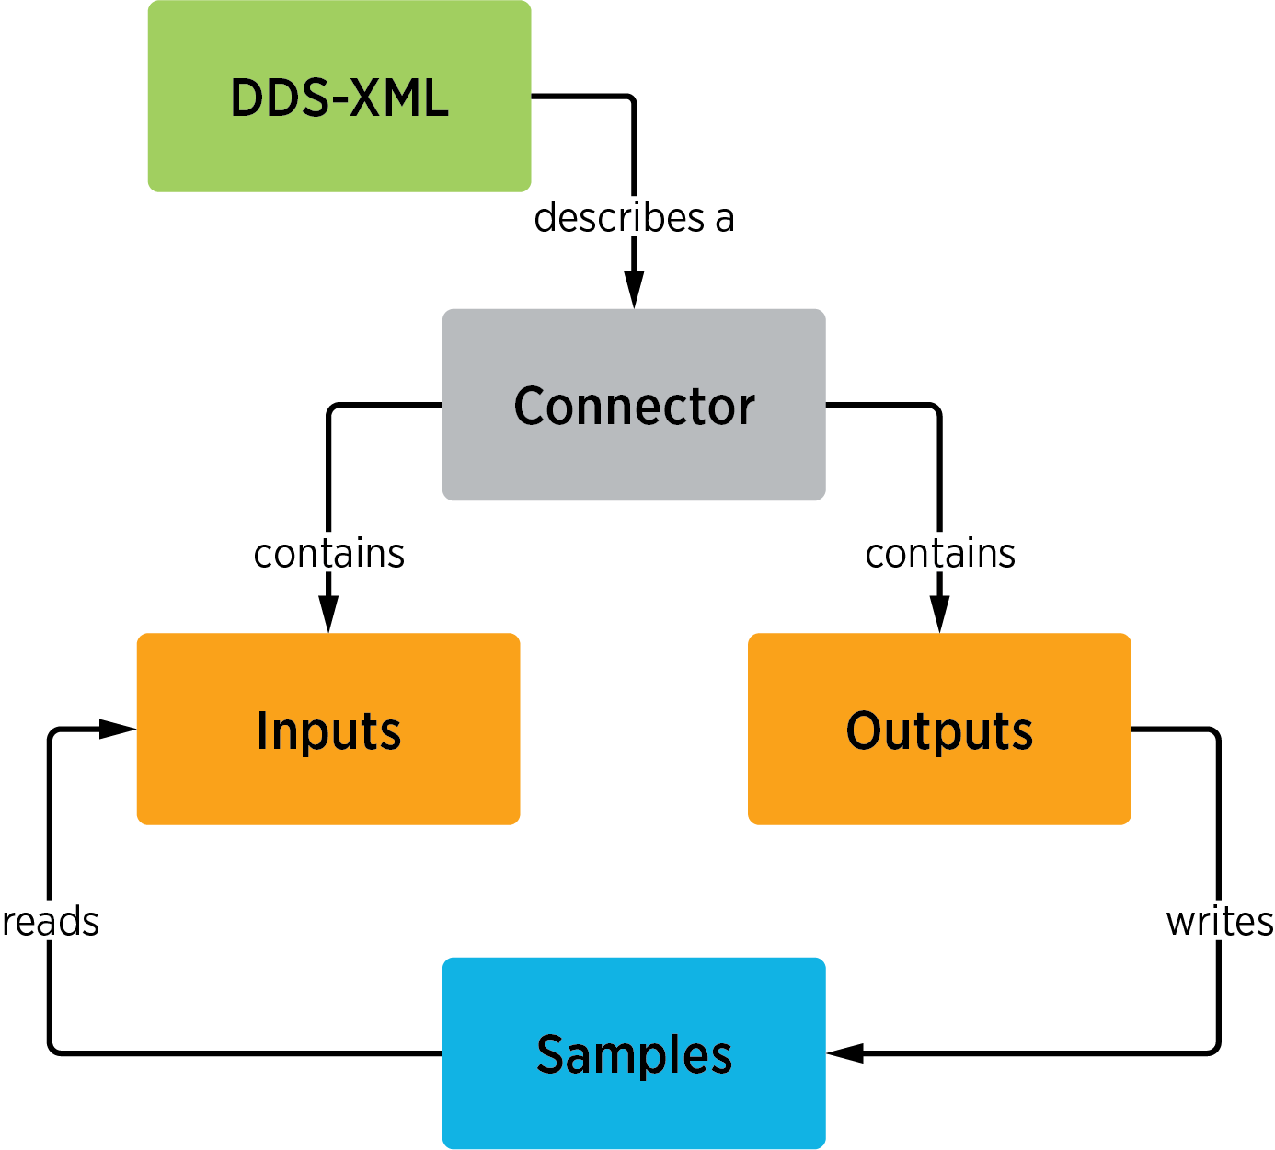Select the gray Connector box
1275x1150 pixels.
click(633, 460)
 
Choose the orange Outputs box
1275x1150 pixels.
click(938, 782)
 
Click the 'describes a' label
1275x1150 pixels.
click(634, 218)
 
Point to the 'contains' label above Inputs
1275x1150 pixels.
click(328, 554)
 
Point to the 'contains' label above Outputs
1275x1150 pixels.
click(939, 554)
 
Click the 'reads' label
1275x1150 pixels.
click(51, 922)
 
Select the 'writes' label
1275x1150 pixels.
click(1219, 922)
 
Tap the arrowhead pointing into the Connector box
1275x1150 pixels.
click(634, 290)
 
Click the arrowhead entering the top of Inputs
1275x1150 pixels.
click(328, 614)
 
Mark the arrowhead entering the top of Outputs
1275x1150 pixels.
click(939, 614)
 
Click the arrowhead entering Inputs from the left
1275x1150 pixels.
click(117, 729)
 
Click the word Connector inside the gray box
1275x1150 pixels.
click(634, 406)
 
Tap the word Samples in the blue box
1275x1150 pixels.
click(634, 1054)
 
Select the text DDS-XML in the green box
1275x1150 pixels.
click(339, 98)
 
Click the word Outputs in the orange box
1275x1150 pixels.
click(939, 730)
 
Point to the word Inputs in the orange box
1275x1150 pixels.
click(328, 730)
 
